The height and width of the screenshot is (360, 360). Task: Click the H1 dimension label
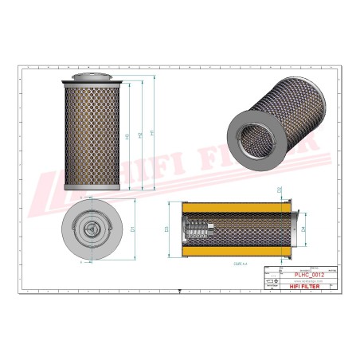(x=129, y=136)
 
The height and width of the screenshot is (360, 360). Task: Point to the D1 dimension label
(x=131, y=229)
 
